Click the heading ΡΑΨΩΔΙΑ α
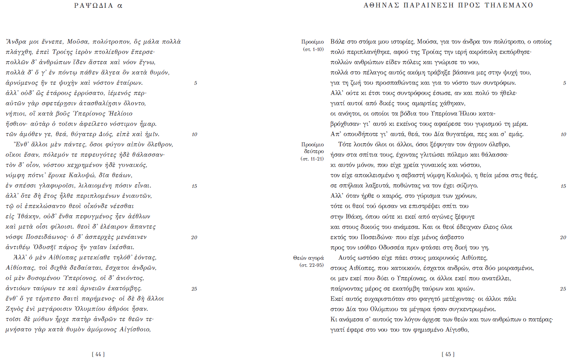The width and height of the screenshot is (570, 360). [98, 6]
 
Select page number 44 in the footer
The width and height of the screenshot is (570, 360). [98, 354]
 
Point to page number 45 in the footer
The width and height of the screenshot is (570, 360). [448, 354]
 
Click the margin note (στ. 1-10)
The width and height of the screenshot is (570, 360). [313, 49]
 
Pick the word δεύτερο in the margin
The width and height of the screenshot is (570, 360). [314, 152]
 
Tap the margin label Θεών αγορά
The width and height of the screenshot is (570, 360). [308, 258]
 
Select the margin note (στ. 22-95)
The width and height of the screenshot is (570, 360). [312, 265]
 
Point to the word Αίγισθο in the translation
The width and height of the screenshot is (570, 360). [457, 330]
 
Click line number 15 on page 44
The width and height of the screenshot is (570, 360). [194, 186]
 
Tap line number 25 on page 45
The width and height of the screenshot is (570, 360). [563, 289]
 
